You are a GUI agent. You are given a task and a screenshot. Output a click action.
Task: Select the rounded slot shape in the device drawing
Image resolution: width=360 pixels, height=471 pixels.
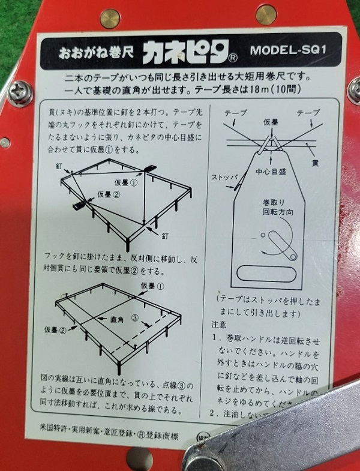click(268, 274)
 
